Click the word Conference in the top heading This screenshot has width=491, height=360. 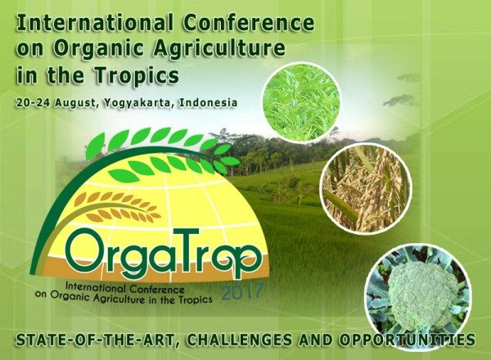(248, 23)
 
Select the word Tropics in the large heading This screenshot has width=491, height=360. (137, 75)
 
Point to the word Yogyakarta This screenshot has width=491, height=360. (138, 103)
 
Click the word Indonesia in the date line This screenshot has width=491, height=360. (208, 102)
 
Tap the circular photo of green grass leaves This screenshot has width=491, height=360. (301, 101)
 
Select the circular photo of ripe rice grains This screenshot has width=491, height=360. (366, 188)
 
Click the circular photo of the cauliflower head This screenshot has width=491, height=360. (419, 295)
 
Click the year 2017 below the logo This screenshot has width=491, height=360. (242, 291)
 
